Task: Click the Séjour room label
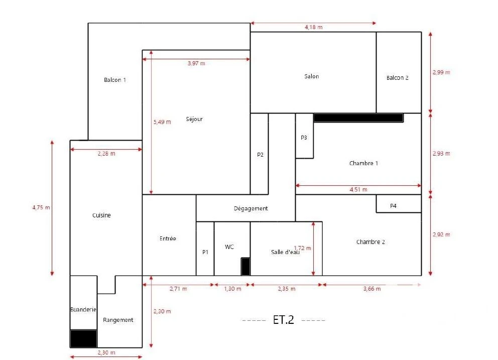194,119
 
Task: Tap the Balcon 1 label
114,80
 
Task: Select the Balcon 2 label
397,77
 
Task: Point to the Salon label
312,76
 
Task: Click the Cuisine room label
101,215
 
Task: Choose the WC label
229,247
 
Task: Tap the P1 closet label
205,252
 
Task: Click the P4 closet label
393,206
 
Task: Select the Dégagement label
251,208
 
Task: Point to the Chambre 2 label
370,242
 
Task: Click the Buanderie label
83,309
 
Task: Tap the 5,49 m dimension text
162,122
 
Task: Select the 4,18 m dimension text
313,27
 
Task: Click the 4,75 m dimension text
41,207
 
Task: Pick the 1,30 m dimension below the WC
232,289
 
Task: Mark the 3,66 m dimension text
372,289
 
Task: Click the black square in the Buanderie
83,339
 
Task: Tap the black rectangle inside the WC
245,267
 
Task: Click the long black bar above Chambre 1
358,118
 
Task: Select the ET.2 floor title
283,320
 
